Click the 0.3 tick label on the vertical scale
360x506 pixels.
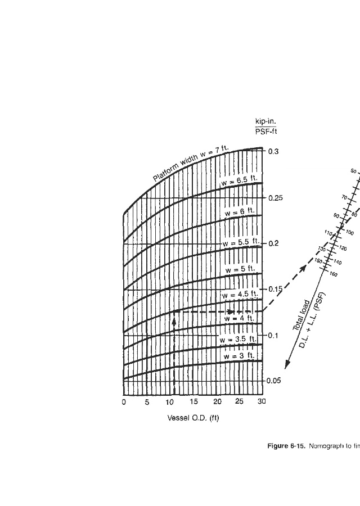click(272, 151)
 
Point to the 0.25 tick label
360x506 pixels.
click(274, 198)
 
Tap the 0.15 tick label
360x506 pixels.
click(274, 289)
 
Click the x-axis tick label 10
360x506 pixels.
click(170, 402)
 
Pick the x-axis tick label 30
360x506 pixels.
click(261, 402)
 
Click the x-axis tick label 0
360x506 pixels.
click(124, 402)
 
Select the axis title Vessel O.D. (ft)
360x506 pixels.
click(193, 418)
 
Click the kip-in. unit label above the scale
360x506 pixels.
click(266, 122)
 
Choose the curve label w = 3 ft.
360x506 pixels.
click(239, 356)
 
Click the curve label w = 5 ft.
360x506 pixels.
click(240, 269)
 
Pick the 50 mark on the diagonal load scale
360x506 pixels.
click(353, 170)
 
